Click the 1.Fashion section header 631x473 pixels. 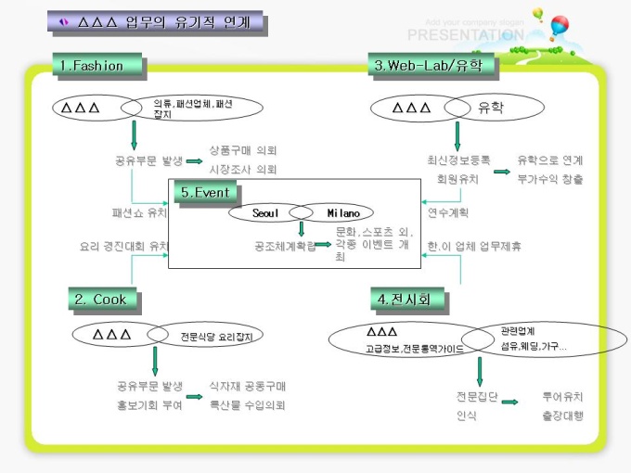tap(97, 65)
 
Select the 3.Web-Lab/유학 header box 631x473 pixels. tap(431, 65)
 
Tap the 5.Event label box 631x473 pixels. tap(205, 193)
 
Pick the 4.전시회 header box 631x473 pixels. tap(406, 299)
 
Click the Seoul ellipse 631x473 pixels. tap(266, 213)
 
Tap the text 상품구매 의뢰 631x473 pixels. tap(243, 150)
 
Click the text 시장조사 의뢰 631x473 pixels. tap(243, 170)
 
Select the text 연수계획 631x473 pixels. tap(448, 212)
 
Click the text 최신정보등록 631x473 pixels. tap(459, 160)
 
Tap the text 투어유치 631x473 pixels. tap(563, 397)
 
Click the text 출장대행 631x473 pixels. tap(563, 416)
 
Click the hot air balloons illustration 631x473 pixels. tap(551, 25)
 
